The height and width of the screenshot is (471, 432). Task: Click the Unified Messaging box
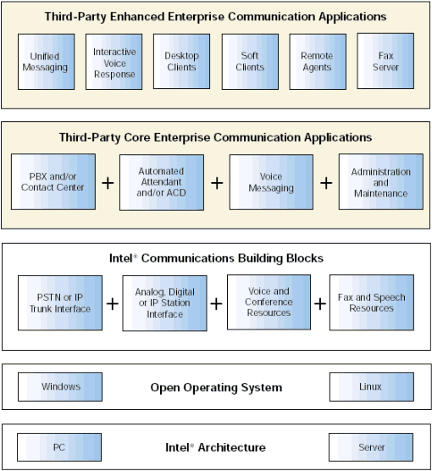coord(46,62)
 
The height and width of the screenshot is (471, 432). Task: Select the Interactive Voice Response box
coord(114,62)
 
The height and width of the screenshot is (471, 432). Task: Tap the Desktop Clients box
coord(182,61)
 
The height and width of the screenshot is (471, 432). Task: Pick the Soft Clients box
coord(250,62)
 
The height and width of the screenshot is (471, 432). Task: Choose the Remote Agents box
coord(318,62)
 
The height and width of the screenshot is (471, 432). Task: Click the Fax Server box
coord(385,61)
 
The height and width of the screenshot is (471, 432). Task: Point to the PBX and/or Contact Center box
coord(53,182)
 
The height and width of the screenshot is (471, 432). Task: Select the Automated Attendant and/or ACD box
coord(162,182)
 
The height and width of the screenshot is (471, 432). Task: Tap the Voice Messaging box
coord(271,182)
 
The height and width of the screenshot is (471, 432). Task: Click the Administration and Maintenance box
coord(381,182)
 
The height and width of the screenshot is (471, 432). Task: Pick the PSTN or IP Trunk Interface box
coord(60,302)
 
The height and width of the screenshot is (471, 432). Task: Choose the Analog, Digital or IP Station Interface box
coord(164,303)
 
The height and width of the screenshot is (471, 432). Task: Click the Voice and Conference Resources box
coord(269,302)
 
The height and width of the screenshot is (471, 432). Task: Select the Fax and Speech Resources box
coord(372,302)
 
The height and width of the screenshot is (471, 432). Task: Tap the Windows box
coord(60,386)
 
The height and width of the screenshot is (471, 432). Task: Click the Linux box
coord(372,386)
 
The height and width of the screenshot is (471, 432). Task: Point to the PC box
coord(59,447)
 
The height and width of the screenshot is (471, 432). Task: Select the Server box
coord(371,447)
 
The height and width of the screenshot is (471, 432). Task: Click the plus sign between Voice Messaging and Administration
coord(326,183)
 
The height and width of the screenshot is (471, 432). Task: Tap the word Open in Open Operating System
coord(165,388)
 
